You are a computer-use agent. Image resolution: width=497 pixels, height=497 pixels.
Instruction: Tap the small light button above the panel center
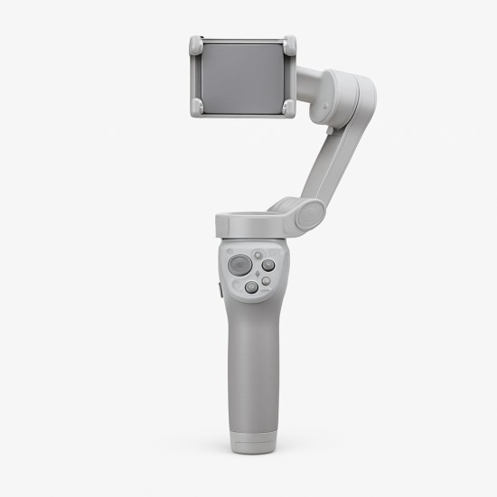[x=258, y=255]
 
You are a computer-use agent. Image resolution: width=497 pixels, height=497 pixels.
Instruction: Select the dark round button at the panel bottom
[x=251, y=287]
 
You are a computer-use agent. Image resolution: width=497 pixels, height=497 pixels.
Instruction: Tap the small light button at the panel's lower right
[x=266, y=281]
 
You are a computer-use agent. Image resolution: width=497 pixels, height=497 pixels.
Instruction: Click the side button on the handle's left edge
[x=220, y=289]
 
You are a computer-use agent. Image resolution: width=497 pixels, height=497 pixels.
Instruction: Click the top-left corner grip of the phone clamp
[x=195, y=44]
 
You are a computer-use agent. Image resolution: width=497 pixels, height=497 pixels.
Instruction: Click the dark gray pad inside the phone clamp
[x=242, y=76]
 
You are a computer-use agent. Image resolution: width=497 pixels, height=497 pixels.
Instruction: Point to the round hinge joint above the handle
[x=310, y=214]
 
